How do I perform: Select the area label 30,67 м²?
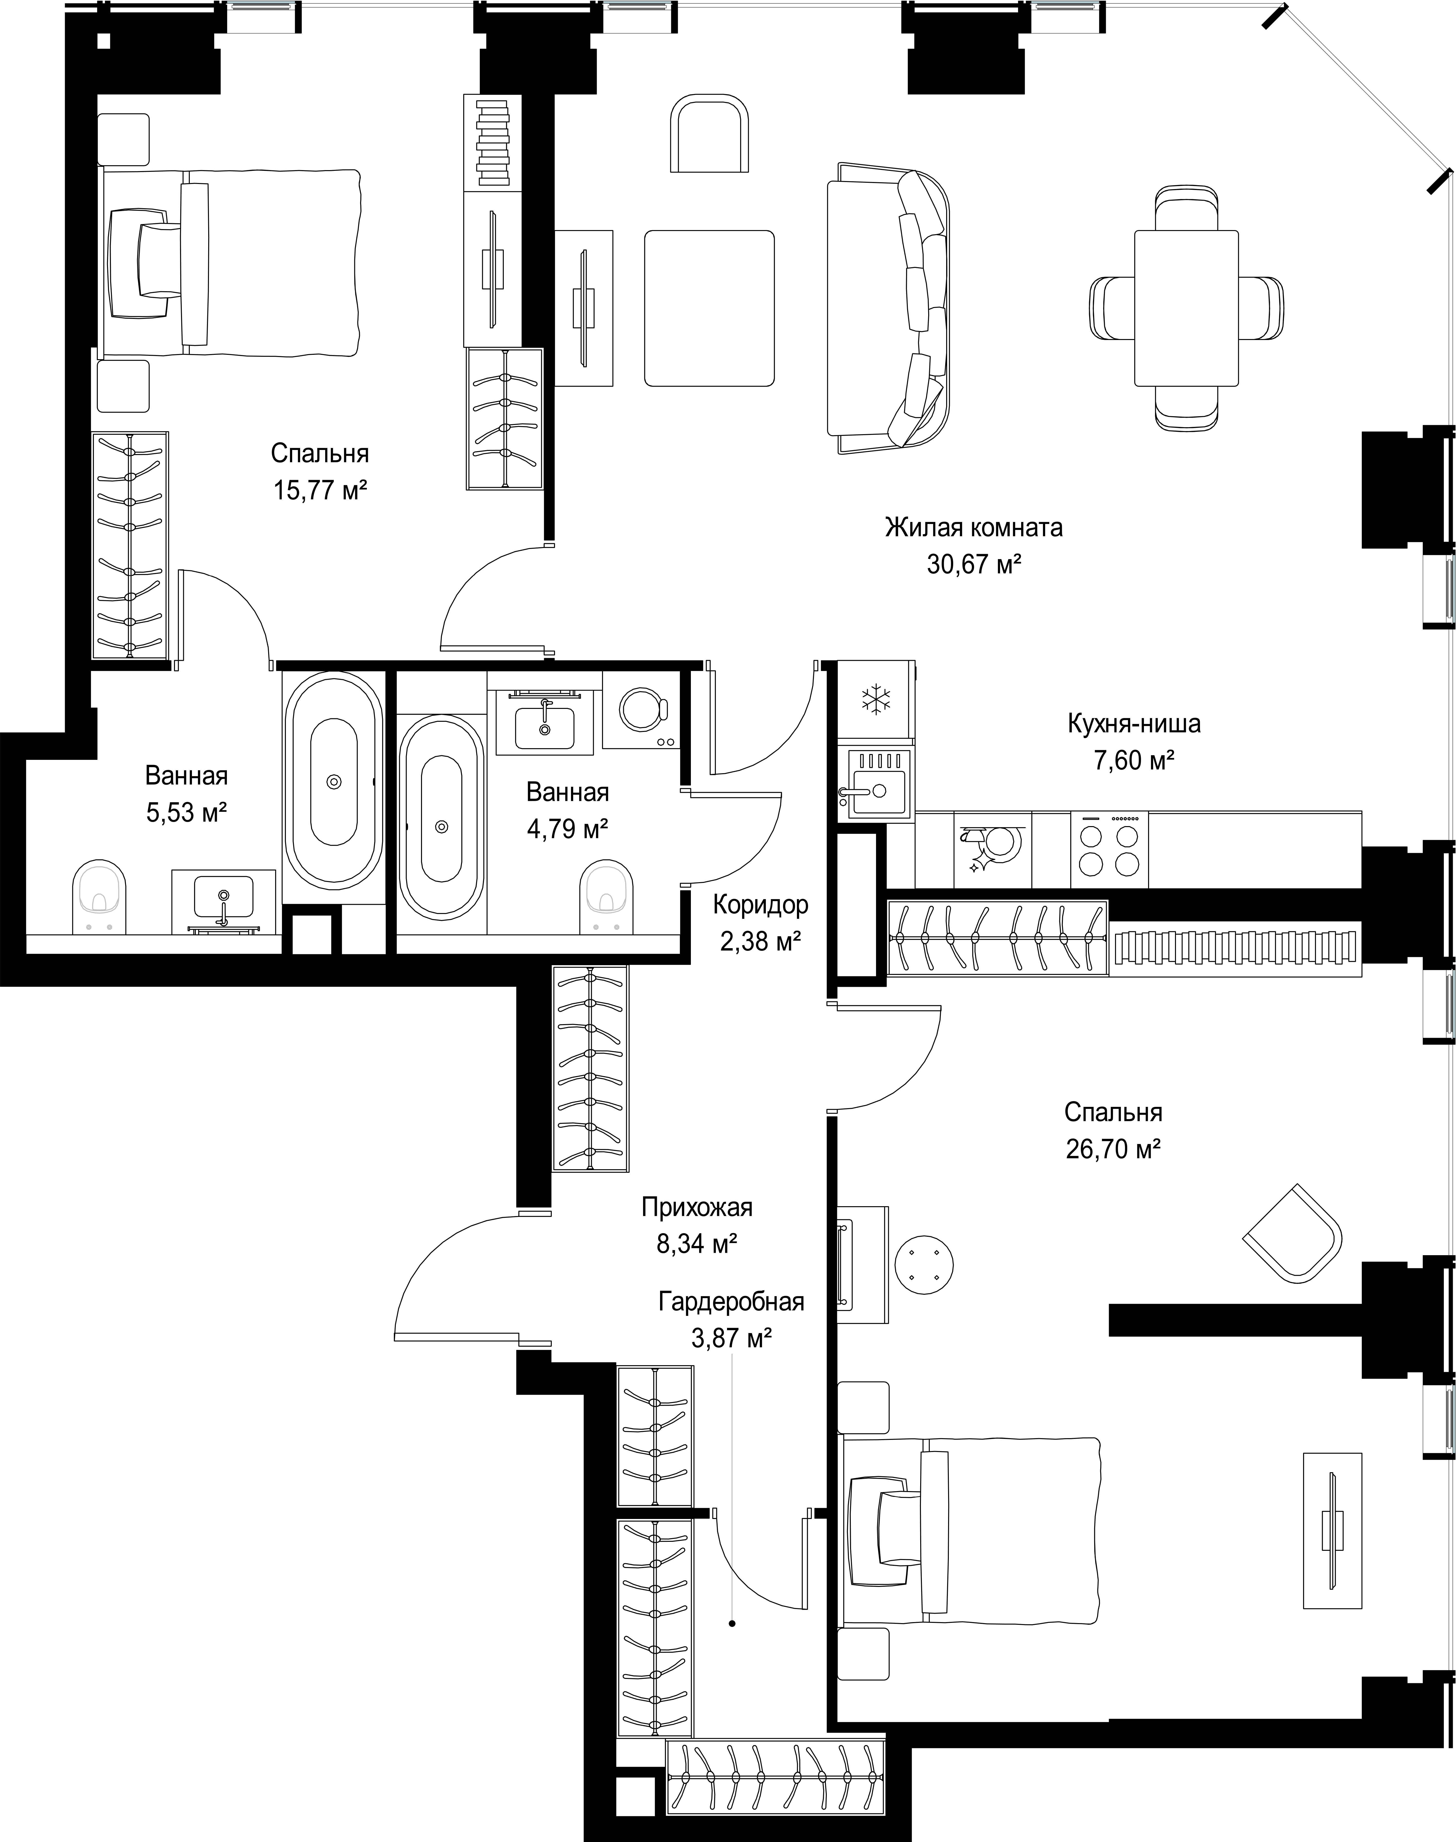pos(974,564)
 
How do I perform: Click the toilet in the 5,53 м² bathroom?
pos(100,897)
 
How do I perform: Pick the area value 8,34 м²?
pos(696,1245)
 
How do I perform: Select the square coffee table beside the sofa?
pos(709,308)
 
